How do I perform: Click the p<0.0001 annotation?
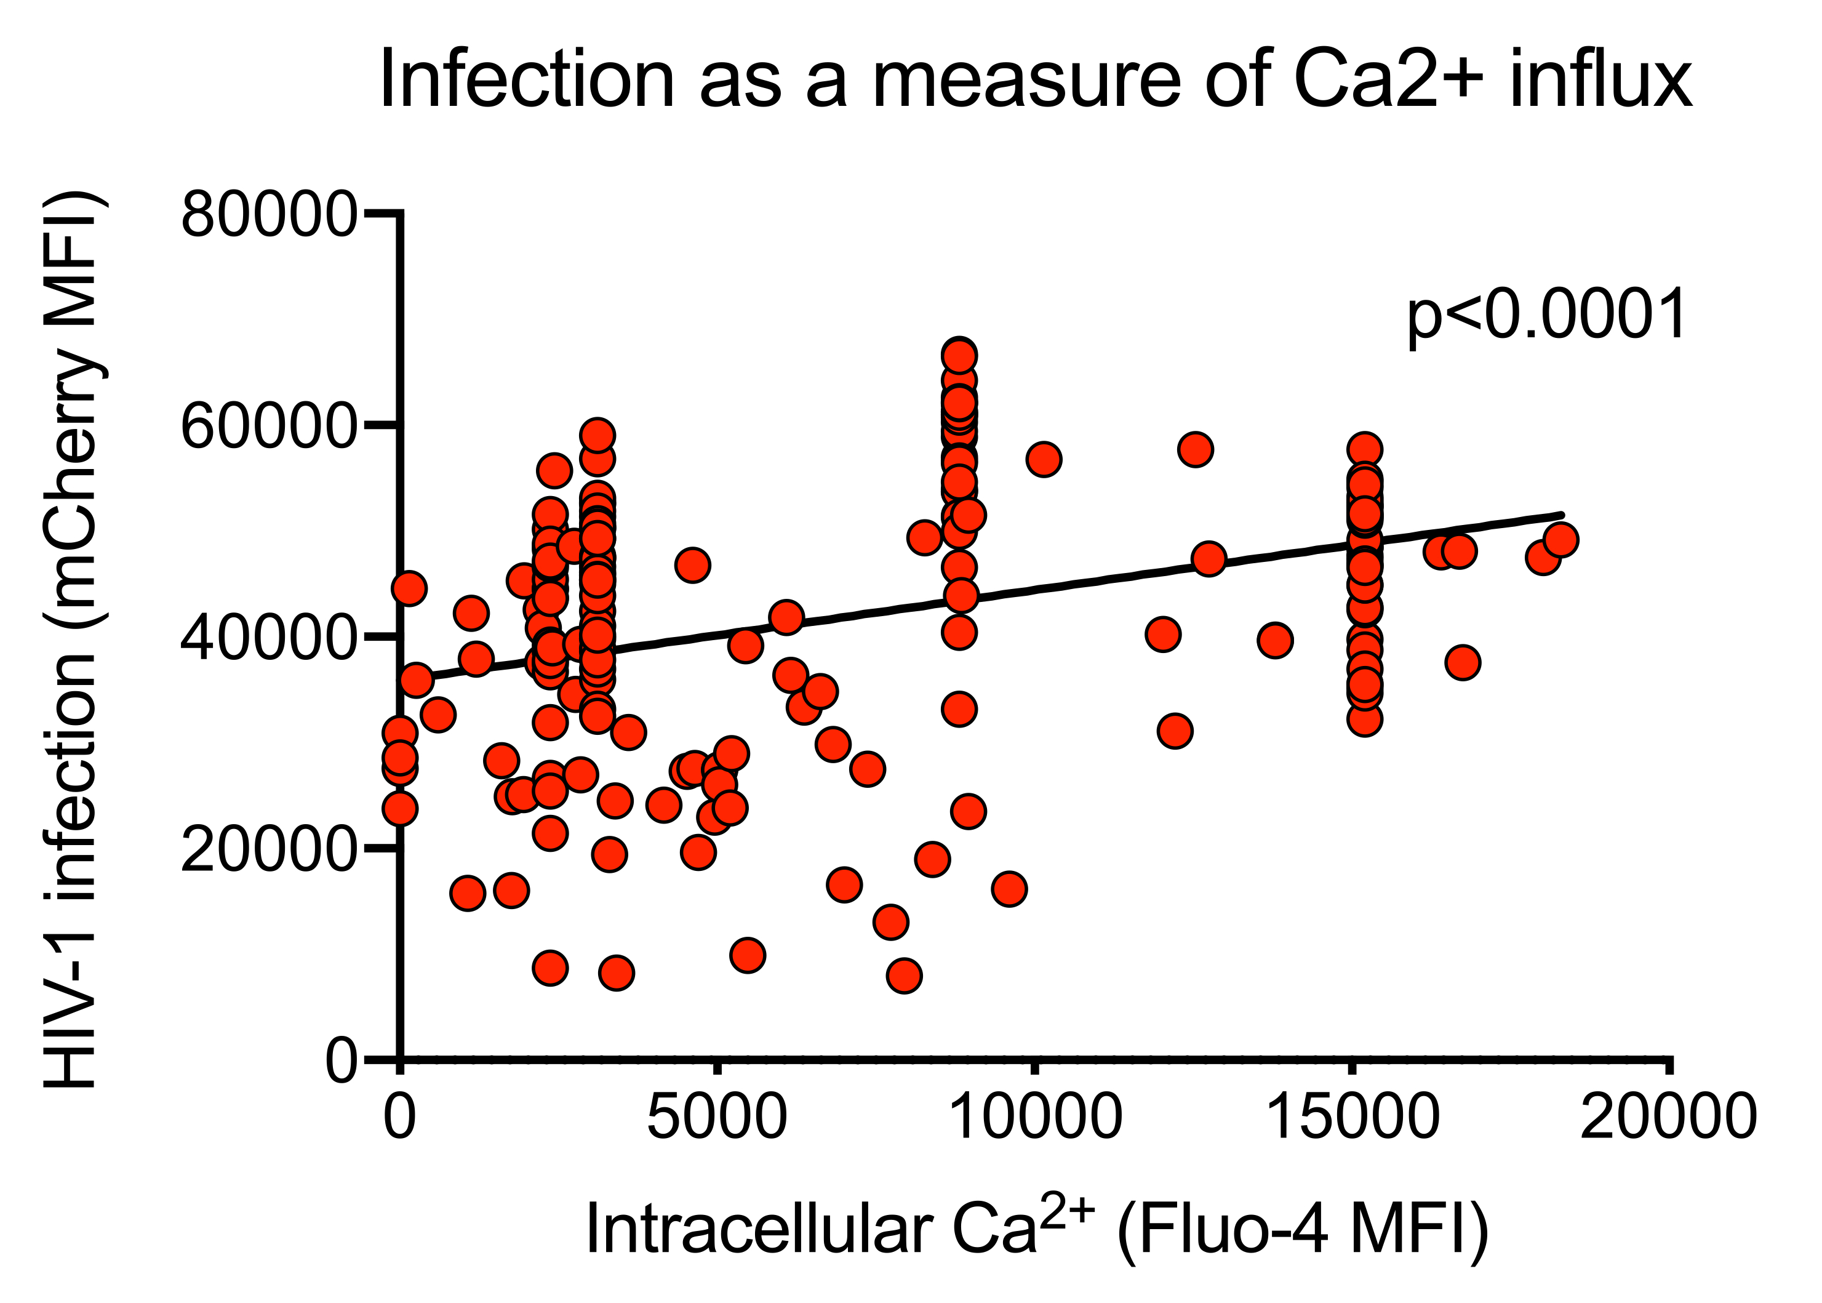click(x=1547, y=316)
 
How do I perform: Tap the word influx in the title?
click(x=1600, y=80)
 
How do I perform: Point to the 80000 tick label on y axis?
click(x=268, y=214)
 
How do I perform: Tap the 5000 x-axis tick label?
click(x=717, y=1116)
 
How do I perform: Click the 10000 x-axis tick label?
click(x=1036, y=1116)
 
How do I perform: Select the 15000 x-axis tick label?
click(x=1353, y=1116)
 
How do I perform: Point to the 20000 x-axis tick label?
click(x=1669, y=1116)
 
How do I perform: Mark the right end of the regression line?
click(x=1560, y=515)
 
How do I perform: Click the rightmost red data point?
click(x=1560, y=540)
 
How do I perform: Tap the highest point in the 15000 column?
click(x=1364, y=449)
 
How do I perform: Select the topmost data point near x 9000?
click(x=959, y=355)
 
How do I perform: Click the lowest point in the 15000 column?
click(x=1364, y=720)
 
